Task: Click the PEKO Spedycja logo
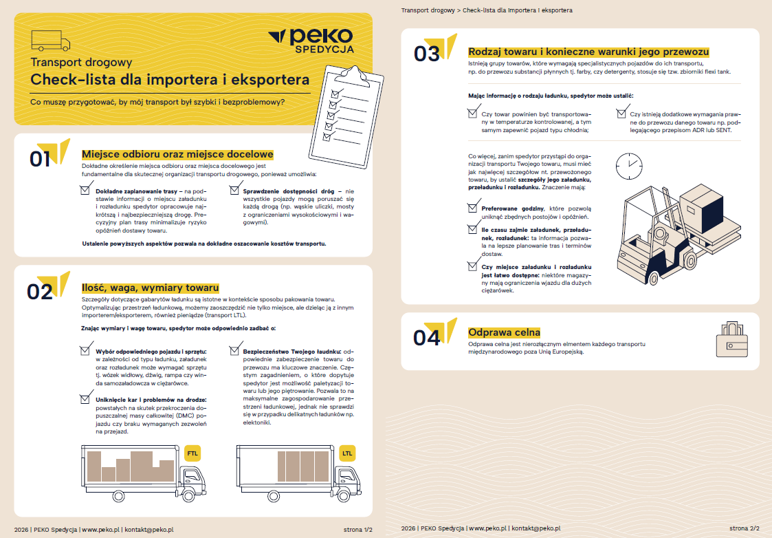tap(311, 41)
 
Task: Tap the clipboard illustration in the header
tap(346, 116)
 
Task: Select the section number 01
tap(40, 159)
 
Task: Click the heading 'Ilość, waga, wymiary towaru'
tap(150, 288)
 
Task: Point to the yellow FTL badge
tap(192, 453)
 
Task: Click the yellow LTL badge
tap(347, 453)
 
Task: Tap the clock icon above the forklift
tap(629, 166)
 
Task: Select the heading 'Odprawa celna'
tap(504, 332)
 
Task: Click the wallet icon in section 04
tap(731, 339)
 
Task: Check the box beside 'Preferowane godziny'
tap(473, 207)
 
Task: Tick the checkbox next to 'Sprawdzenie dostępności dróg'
tap(234, 189)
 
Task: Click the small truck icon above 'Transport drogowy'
tap(51, 41)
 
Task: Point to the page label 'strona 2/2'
tap(745, 528)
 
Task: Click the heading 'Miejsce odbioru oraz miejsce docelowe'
tap(177, 154)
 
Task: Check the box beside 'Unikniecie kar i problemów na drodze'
tap(85, 398)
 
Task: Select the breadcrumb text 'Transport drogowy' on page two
tap(428, 10)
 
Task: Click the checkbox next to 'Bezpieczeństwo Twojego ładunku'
tap(234, 349)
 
